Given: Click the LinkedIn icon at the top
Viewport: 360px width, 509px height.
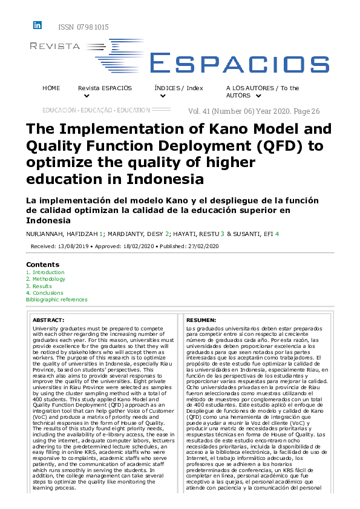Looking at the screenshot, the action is tap(38, 25).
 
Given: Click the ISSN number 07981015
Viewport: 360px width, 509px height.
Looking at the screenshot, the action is tap(83, 27).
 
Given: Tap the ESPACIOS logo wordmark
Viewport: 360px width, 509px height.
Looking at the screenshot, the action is tap(229, 62).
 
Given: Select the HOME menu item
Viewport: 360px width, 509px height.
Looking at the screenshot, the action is tap(51, 88).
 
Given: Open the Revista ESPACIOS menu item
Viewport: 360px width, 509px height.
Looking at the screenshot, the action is tap(105, 88).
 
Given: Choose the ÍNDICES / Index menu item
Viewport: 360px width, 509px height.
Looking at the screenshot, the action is tap(178, 88).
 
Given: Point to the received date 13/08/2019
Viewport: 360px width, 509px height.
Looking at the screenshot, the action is tap(70, 246).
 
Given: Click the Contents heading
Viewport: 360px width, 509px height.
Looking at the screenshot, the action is tap(42, 264).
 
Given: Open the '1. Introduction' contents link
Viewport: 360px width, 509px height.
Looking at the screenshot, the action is tap(45, 273).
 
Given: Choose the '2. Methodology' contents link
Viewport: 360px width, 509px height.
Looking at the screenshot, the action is tap(45, 280).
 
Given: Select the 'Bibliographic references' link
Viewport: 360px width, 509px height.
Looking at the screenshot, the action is tap(56, 300).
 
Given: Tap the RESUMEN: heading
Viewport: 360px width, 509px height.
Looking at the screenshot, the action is tap(200, 320).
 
